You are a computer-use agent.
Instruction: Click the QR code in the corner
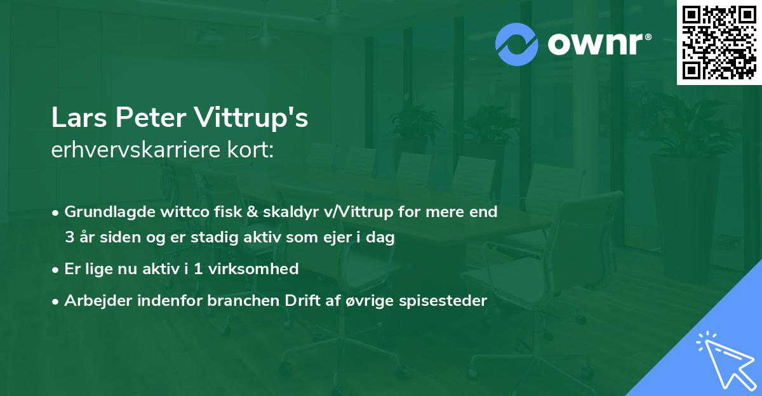719,42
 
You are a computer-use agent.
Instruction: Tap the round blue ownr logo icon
518,44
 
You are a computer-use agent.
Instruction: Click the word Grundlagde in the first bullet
104,212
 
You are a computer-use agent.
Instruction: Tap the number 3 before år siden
69,238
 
